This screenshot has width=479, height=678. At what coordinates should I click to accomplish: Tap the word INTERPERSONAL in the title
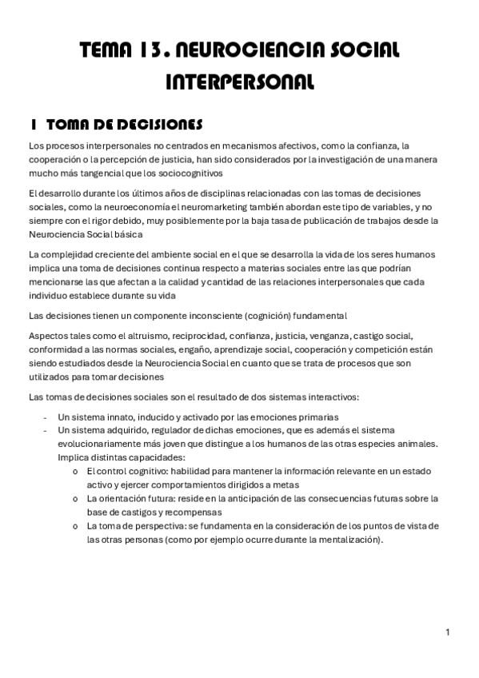click(x=239, y=82)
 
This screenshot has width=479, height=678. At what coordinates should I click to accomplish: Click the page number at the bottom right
click(x=449, y=632)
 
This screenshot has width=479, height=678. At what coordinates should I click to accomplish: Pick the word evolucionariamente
click(x=102, y=444)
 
